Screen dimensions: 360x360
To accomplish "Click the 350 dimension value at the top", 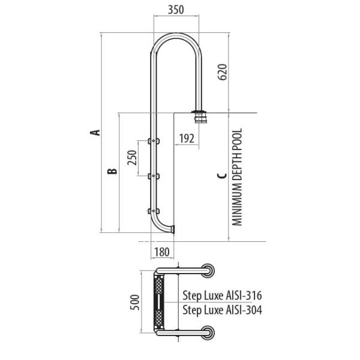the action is (176, 10).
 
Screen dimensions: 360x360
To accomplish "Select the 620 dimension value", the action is (222, 72).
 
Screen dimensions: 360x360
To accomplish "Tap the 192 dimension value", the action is (187, 139).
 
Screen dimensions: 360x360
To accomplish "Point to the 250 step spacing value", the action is (132, 157).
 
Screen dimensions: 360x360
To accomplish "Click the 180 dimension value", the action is (162, 252).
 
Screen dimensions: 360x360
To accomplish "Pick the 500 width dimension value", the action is (135, 302).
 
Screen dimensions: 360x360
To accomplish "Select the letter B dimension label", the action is (112, 171).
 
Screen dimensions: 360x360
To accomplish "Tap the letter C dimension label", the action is (222, 176).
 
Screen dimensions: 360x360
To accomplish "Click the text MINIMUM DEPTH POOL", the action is (238, 177).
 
